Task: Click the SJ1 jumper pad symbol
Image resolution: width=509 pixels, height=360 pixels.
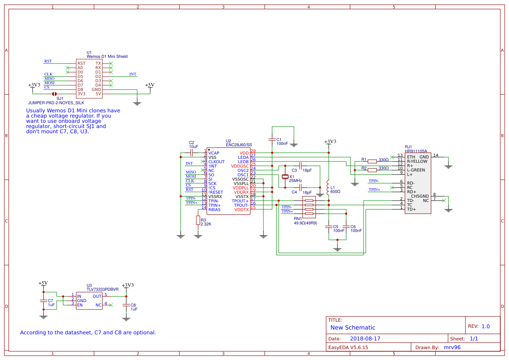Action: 54,94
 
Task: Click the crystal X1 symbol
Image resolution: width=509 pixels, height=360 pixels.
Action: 285,177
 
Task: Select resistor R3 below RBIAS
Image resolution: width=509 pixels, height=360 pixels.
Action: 198,220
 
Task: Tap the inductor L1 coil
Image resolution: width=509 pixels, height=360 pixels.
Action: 328,188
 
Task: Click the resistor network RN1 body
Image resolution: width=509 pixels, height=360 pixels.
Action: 309,207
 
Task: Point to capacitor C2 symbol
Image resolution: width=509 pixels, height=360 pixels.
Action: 192,152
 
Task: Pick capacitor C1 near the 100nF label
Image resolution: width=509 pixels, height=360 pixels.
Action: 272,140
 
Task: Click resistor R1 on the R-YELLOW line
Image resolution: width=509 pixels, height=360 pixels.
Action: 372,161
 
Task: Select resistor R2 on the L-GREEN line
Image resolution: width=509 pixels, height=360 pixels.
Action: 372,170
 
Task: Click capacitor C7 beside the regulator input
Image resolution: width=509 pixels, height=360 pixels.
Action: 44,301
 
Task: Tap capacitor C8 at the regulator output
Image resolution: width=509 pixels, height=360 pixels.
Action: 126,305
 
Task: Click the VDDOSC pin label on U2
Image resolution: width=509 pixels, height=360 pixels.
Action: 239,166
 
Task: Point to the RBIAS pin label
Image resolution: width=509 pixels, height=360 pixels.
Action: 214,210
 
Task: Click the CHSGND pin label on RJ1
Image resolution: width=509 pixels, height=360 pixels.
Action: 420,196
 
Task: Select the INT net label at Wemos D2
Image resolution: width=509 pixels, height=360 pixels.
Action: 133,74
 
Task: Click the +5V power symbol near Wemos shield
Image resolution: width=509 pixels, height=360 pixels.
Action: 150,85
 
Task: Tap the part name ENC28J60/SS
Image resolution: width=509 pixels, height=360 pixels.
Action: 239,145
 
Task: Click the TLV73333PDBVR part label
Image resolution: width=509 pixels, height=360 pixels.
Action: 102,289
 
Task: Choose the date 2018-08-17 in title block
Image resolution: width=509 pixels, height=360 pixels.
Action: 365,339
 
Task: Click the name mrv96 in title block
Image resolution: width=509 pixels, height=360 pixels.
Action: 452,347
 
